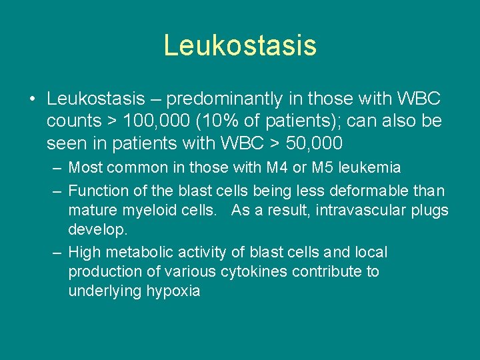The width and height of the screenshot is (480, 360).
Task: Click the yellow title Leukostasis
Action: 240,45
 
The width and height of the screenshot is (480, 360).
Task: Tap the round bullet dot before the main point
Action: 32,100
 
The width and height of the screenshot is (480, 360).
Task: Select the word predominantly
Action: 229,99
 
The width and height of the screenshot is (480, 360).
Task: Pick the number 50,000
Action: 312,143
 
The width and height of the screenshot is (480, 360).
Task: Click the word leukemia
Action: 371,167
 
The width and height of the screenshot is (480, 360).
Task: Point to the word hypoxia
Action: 174,291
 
